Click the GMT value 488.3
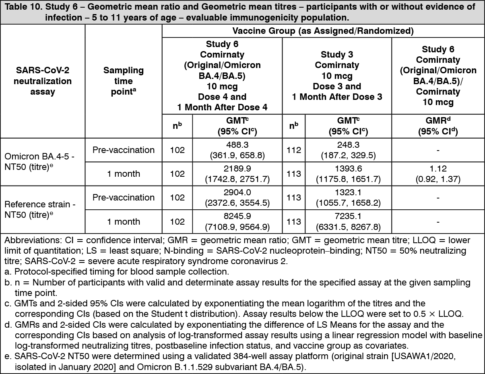tap(237, 145)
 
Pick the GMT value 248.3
tap(348, 145)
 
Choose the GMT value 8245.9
tap(237, 217)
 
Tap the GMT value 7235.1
tap(348, 217)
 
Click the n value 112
tap(293, 150)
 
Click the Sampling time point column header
tap(124, 81)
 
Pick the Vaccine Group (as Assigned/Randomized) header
tap(323, 31)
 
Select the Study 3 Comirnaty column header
tap(337, 76)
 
